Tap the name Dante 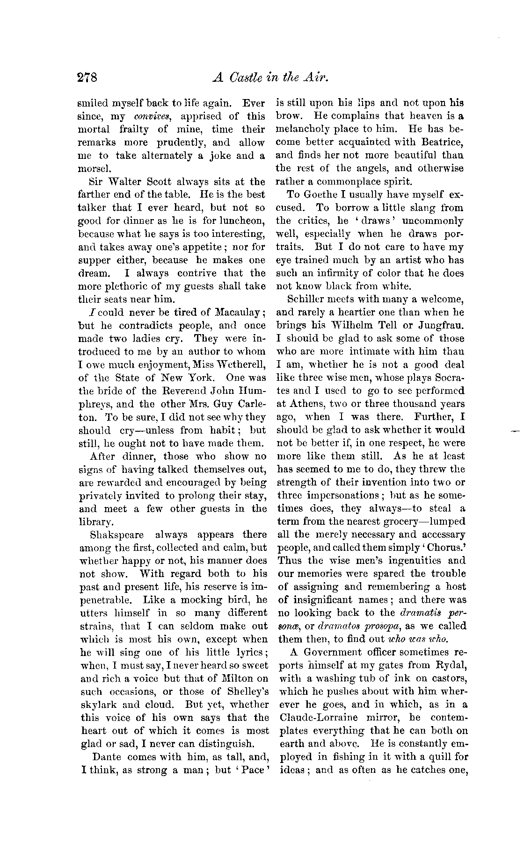click(x=108, y=757)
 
